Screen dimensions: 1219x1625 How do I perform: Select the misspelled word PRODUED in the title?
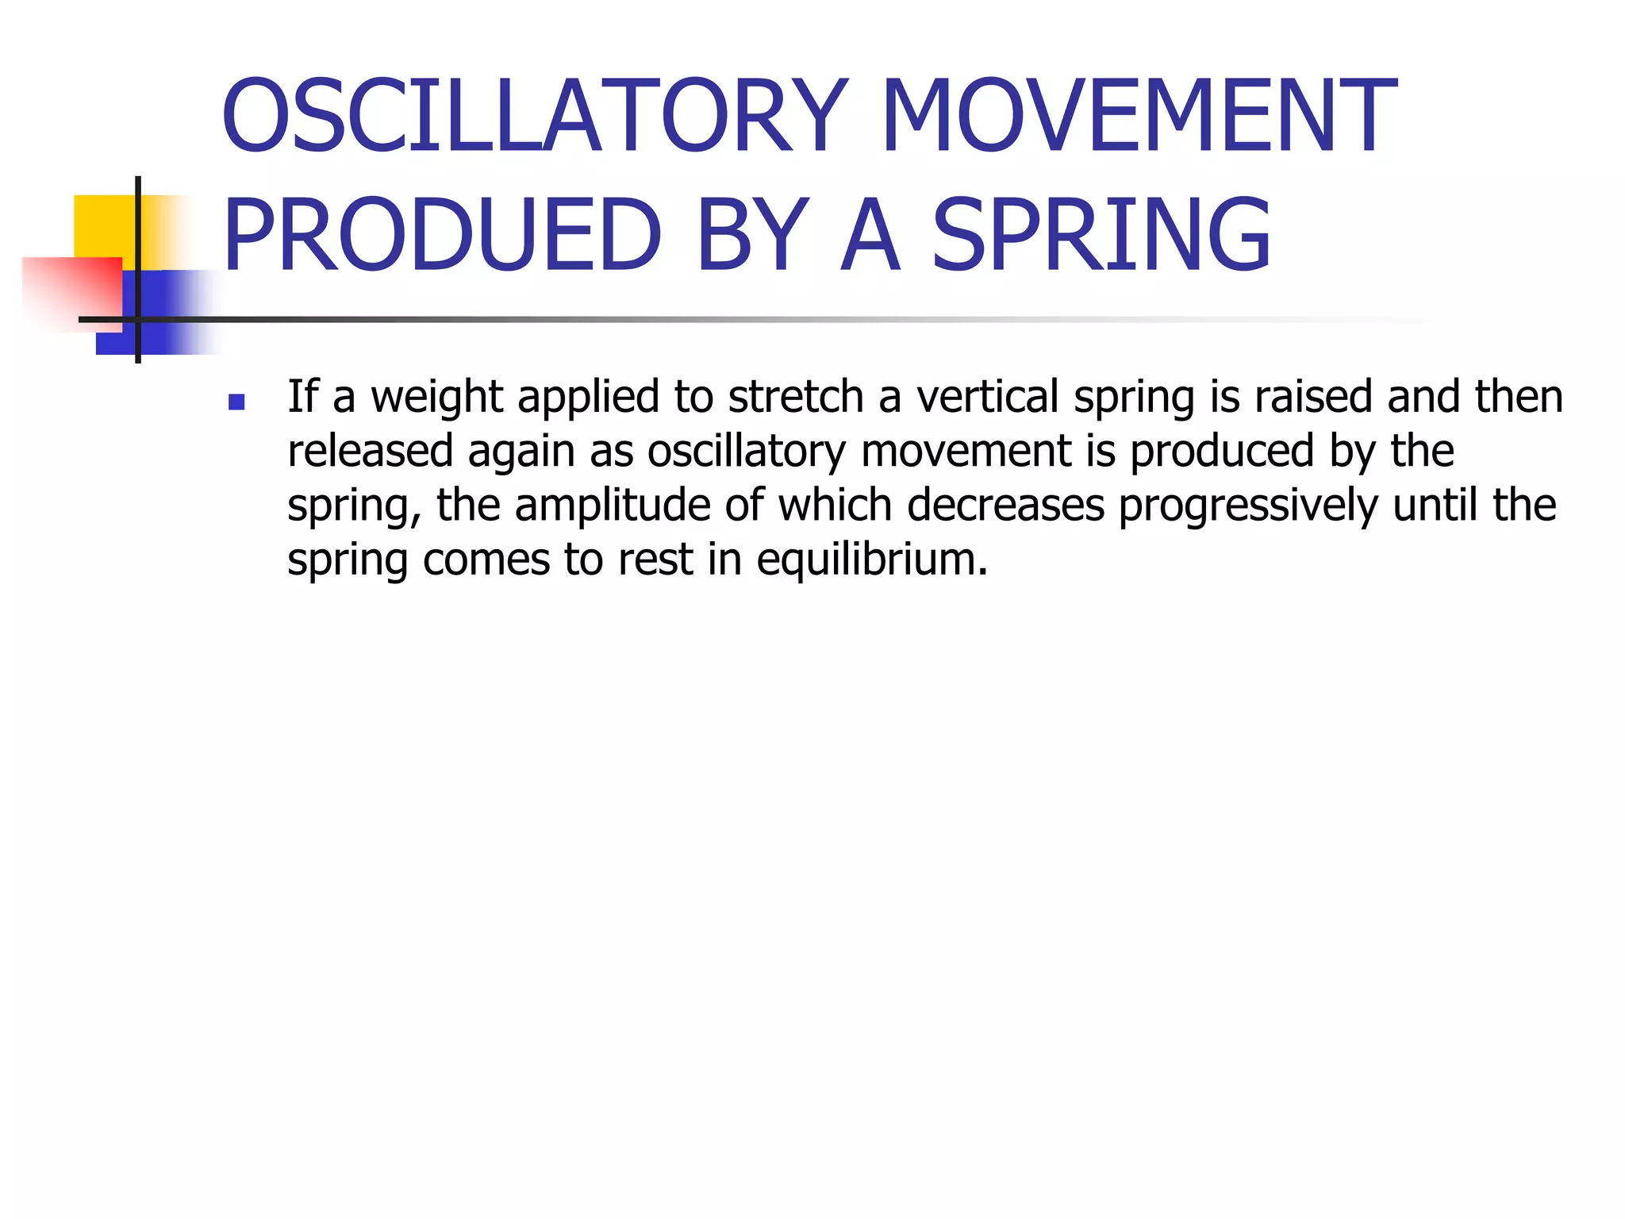pos(441,235)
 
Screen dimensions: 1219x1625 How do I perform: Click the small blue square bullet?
pos(236,402)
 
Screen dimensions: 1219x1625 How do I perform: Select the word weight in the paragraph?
pos(436,397)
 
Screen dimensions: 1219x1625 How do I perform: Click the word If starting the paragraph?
pos(302,397)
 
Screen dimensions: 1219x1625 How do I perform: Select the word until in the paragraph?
pos(1435,506)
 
